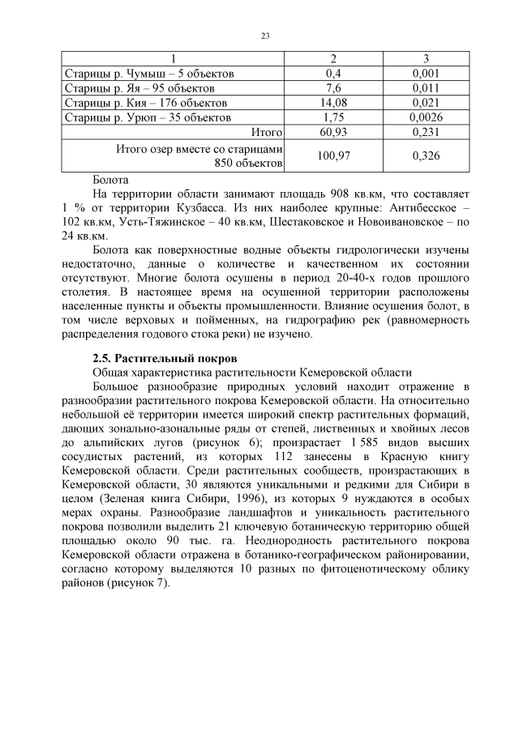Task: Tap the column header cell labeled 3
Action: (x=426, y=59)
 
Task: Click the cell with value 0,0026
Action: (x=426, y=117)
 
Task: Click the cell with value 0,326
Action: (x=426, y=156)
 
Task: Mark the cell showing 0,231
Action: (x=426, y=132)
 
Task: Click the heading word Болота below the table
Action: (x=110, y=179)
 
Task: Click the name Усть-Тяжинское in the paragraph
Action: (x=163, y=223)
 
